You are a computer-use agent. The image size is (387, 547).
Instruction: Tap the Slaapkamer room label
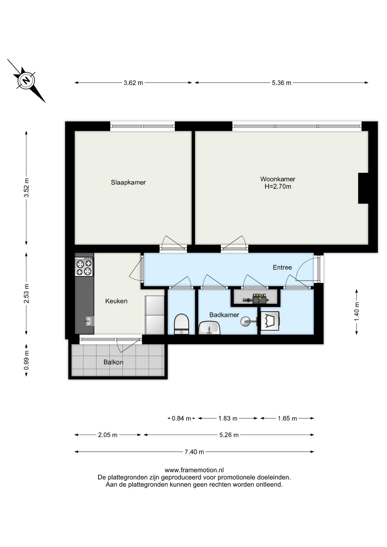tap(128, 182)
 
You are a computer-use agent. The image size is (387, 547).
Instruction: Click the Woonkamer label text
tap(278, 179)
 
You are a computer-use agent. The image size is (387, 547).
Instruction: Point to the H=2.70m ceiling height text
tap(278, 187)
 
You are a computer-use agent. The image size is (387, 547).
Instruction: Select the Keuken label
tap(116, 301)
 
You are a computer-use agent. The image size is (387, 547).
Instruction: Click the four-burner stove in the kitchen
tap(84, 267)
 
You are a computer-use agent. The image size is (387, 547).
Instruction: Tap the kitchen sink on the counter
tap(89, 321)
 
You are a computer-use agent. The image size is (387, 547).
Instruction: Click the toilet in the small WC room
tap(181, 324)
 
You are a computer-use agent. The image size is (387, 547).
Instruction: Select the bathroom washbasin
tap(209, 328)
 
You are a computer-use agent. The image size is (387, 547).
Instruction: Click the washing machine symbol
tap(270, 321)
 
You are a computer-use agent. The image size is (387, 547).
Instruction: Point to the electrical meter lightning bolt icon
tap(260, 298)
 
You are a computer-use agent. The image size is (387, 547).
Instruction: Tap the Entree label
tap(282, 268)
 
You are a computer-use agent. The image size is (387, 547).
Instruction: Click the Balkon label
tap(113, 362)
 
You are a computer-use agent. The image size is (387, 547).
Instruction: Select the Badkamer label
tap(224, 315)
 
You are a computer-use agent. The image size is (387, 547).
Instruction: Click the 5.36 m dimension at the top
tap(282, 83)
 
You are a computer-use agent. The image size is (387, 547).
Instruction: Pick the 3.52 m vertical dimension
tap(26, 188)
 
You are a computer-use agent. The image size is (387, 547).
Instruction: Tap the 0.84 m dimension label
tap(181, 419)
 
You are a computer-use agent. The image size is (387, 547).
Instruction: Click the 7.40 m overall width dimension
tap(194, 452)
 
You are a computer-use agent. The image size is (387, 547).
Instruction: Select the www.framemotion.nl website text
tap(194, 470)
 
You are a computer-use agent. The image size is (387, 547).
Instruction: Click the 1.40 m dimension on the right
tap(357, 312)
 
